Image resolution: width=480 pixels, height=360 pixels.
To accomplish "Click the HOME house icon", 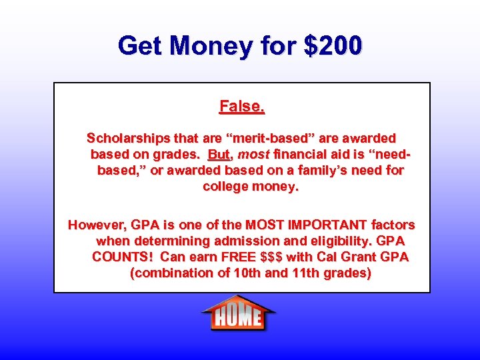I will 238,313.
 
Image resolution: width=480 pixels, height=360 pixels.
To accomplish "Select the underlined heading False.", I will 242,106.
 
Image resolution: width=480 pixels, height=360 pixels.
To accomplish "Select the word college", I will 225,187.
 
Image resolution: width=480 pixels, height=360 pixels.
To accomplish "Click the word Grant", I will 360,257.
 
